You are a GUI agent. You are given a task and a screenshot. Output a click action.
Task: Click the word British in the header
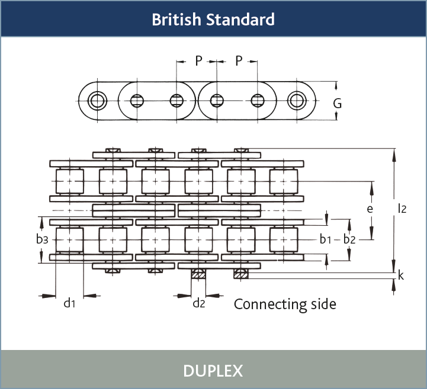pos(176,20)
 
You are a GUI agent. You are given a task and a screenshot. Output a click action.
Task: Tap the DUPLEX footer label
pos(213,371)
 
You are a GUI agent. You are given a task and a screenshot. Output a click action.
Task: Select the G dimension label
pos(338,103)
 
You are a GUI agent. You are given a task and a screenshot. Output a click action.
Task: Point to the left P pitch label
pos(198,61)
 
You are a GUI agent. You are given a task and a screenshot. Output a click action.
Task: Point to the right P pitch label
pos(239,61)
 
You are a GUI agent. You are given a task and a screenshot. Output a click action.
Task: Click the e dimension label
pos(370,209)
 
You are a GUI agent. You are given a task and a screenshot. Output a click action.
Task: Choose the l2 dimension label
pos(402,208)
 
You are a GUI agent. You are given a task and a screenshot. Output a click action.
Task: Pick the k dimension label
pos(401,275)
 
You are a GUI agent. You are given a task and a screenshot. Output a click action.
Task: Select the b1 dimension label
pos(325,239)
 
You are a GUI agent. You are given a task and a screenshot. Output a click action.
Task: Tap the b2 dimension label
pos(349,239)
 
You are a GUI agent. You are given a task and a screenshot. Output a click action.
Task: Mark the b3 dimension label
pos(41,239)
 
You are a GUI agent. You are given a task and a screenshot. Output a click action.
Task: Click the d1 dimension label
pos(70,304)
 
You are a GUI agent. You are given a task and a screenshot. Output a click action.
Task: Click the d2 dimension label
pos(199,304)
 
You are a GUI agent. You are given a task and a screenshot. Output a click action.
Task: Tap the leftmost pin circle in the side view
pos(97,101)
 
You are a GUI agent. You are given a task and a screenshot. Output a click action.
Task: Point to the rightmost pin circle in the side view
pos(297,101)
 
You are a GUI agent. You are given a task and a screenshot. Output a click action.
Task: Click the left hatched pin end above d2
pos(198,274)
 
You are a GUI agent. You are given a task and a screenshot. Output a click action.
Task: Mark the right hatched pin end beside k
pos(241,274)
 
